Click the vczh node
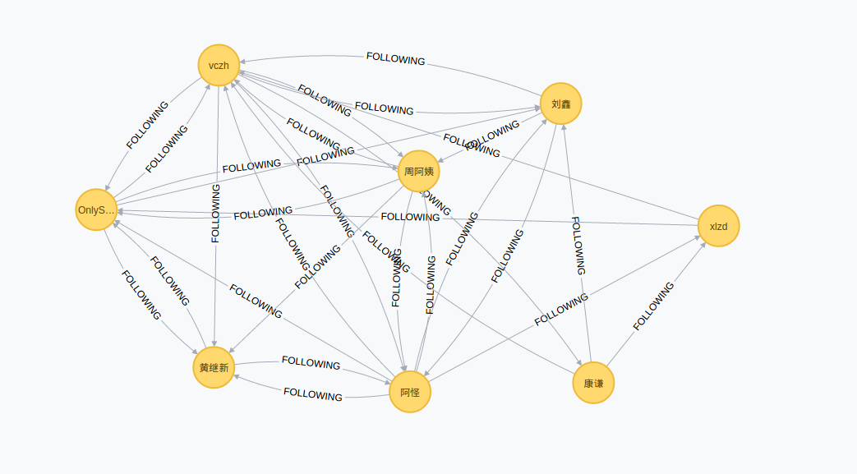coord(219,65)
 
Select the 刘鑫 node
coord(561,104)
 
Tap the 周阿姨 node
coord(419,172)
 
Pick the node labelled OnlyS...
coord(96,209)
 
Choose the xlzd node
coord(719,226)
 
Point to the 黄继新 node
coord(214,367)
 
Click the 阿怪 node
coord(410,392)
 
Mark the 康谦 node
coord(593,383)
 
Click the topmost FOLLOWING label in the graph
coord(395,59)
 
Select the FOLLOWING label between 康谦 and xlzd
coord(653,306)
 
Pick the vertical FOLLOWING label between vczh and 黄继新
coord(215,213)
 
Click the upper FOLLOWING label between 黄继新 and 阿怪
coord(311,362)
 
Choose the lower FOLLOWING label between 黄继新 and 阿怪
coord(313,394)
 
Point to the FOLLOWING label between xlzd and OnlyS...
coord(410,217)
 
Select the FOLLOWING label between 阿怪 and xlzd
coord(561,311)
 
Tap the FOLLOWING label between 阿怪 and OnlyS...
coord(256,301)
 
